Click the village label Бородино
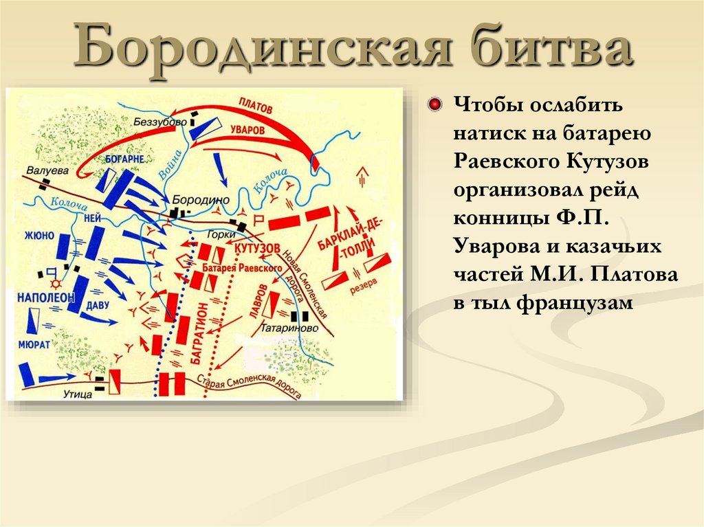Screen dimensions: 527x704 tap(199, 198)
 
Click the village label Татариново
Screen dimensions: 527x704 tap(289, 328)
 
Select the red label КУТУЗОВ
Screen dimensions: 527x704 tap(257, 247)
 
